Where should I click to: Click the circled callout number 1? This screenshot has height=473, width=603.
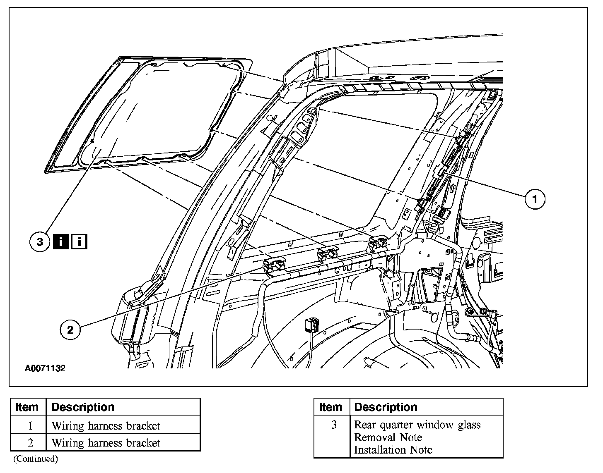(535, 199)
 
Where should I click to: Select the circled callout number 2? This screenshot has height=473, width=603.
(70, 330)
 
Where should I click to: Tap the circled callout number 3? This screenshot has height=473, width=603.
(40, 241)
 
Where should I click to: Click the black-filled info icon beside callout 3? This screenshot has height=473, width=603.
(61, 241)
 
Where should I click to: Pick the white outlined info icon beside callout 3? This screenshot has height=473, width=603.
(79, 241)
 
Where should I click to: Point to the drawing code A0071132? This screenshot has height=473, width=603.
(45, 368)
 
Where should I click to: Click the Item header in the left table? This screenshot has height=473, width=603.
(27, 407)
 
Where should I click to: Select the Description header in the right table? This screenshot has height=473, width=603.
(386, 407)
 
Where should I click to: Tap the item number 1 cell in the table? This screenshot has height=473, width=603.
(30, 425)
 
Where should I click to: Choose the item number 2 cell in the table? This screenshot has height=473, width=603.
(30, 443)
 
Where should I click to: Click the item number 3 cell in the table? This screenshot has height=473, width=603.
(333, 425)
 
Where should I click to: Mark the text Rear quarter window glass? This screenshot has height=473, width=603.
(417, 425)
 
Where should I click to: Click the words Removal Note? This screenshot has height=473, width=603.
(388, 437)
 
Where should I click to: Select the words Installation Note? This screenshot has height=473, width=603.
(393, 450)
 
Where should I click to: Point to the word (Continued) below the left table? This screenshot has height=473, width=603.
(36, 459)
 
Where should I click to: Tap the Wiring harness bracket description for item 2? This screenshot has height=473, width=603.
(106, 443)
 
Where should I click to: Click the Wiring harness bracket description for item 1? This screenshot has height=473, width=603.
(106, 425)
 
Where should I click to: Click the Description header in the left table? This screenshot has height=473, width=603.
(83, 407)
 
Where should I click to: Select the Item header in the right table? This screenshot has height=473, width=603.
(330, 407)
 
